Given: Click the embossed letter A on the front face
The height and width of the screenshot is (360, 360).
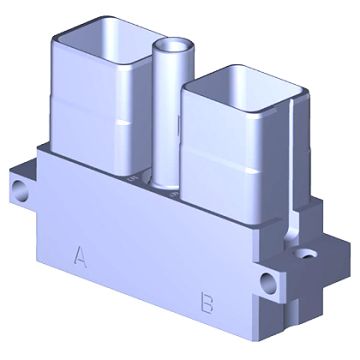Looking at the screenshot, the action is pyautogui.click(x=80, y=257).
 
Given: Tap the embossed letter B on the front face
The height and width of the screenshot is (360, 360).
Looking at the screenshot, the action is pyautogui.click(x=207, y=302).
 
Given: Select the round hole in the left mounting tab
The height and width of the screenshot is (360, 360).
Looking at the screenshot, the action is pyautogui.click(x=21, y=190).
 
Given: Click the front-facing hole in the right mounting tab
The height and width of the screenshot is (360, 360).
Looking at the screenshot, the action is pyautogui.click(x=269, y=283).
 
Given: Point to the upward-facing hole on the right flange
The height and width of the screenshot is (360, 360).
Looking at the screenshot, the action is pyautogui.click(x=307, y=254).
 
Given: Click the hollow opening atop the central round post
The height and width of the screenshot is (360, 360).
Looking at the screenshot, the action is pyautogui.click(x=173, y=45).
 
